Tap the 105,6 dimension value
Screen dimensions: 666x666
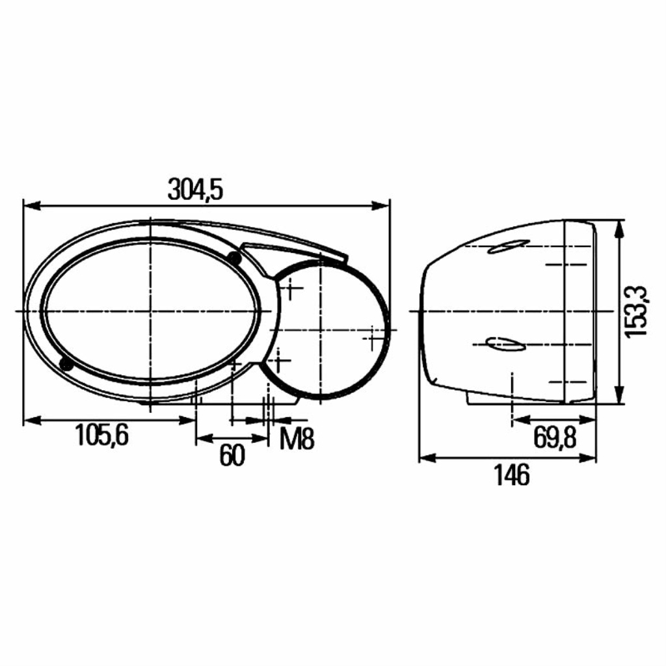[102, 435]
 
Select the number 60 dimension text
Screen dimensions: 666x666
[232, 455]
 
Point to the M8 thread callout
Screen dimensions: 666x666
[297, 439]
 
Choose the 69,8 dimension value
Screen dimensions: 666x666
[555, 438]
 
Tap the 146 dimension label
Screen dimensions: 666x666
[512, 475]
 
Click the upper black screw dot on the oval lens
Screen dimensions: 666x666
[233, 257]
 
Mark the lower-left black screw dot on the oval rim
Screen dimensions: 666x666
[66, 364]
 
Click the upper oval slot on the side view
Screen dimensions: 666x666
[509, 246]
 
